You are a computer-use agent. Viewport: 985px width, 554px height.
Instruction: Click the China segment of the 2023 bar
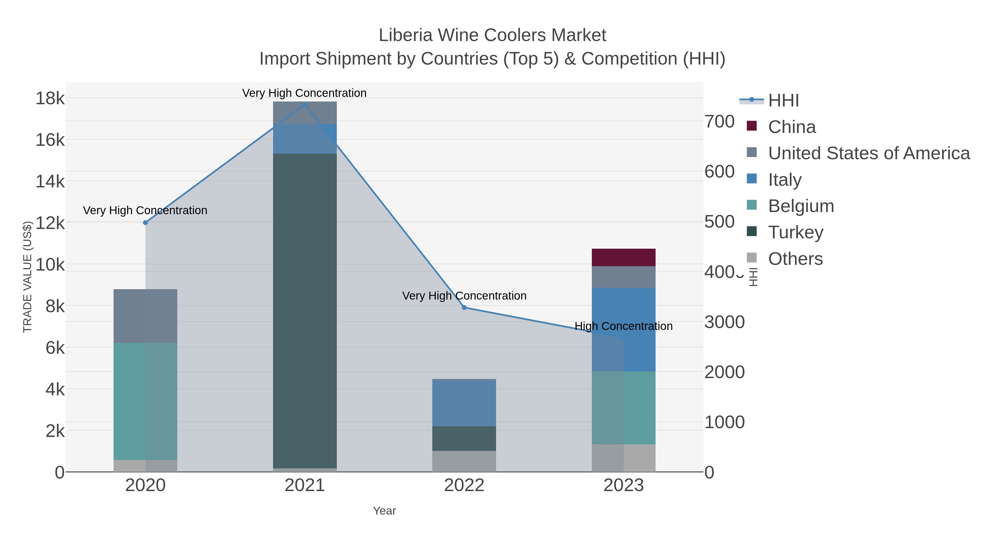click(x=623, y=257)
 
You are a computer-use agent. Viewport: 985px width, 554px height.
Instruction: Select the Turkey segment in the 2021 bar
click(x=305, y=311)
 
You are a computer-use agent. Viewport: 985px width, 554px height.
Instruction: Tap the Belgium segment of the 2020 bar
click(x=145, y=401)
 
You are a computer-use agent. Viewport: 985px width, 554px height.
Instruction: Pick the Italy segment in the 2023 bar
click(x=623, y=329)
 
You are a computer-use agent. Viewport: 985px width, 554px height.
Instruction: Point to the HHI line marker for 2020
click(x=145, y=222)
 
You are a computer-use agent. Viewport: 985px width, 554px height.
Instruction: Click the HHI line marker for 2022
click(x=464, y=308)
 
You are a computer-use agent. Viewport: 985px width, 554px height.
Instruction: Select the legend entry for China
click(x=792, y=127)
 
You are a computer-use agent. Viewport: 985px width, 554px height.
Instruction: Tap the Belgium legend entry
click(x=801, y=206)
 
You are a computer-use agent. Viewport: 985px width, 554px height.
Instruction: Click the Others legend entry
click(x=795, y=259)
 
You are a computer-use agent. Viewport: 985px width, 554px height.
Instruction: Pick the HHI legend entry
click(x=783, y=101)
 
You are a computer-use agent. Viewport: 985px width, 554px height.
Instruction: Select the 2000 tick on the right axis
click(x=724, y=372)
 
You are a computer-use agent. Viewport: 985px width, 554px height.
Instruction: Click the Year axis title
click(x=384, y=511)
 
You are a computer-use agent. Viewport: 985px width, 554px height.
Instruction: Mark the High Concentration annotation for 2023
click(x=623, y=326)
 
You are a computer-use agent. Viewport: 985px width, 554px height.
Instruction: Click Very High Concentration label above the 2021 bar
click(x=304, y=93)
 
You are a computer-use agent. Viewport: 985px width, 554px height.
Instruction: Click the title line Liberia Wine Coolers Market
click(x=492, y=35)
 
